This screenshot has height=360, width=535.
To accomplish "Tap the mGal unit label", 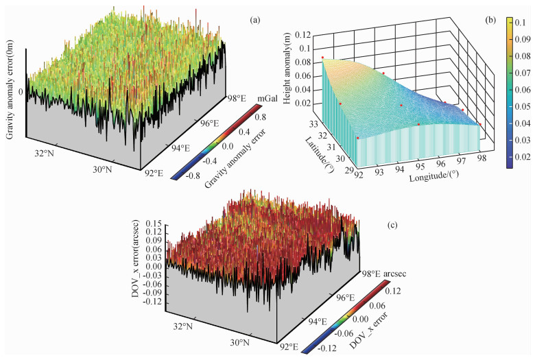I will [264, 100].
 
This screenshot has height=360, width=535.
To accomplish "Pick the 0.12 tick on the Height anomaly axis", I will [298, 34].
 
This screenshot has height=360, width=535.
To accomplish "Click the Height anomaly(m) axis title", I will [287, 78].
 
